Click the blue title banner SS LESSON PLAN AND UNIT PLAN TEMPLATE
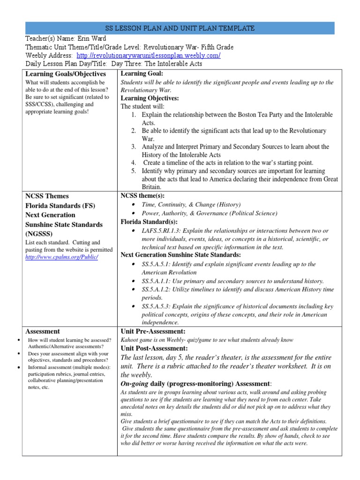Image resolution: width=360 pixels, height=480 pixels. [x=180, y=28]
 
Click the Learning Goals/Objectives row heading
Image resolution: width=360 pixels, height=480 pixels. [x=66, y=74]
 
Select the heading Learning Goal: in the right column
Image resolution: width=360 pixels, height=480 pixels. [x=142, y=74]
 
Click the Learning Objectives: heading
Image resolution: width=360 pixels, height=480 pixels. [x=150, y=98]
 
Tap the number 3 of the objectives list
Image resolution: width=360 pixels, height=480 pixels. [x=134, y=147]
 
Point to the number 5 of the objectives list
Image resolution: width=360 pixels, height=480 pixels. [x=134, y=171]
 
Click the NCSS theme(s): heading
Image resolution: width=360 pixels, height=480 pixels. [x=143, y=195]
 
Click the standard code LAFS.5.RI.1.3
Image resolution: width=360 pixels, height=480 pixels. [x=161, y=231]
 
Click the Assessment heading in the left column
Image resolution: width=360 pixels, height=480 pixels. [x=43, y=331]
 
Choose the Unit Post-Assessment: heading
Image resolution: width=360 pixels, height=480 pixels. [x=154, y=348]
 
